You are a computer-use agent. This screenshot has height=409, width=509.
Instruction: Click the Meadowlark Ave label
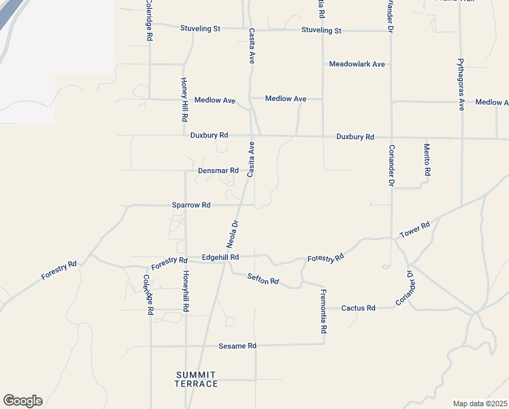(357, 64)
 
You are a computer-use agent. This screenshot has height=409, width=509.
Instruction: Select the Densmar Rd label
(218, 170)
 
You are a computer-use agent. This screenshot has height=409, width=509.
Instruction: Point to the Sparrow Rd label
(191, 204)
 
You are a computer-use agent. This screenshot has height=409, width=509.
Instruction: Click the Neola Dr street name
(233, 234)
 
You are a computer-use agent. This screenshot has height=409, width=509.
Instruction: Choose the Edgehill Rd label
(220, 258)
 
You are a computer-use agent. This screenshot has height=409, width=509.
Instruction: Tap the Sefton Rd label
(263, 278)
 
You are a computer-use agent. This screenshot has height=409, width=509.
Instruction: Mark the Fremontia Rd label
(324, 311)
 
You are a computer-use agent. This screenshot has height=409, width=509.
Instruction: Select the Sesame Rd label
(237, 346)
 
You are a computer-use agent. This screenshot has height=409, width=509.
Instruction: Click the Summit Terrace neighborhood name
(197, 380)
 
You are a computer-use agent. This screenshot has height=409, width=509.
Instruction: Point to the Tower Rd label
(414, 230)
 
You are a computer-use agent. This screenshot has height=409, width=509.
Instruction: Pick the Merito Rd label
(427, 160)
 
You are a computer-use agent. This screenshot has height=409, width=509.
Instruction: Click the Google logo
(22, 401)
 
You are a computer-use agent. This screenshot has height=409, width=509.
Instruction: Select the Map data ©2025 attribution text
(480, 404)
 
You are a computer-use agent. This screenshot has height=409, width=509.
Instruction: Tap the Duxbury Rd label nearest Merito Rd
(355, 137)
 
